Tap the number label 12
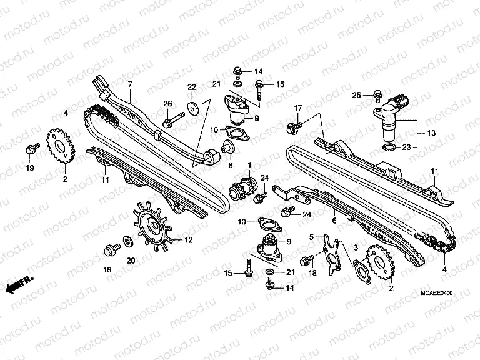(188, 240)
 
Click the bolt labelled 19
(29, 149)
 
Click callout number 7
(130, 84)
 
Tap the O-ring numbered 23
(388, 147)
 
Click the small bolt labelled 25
(377, 96)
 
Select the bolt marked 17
(292, 128)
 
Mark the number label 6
(334, 221)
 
